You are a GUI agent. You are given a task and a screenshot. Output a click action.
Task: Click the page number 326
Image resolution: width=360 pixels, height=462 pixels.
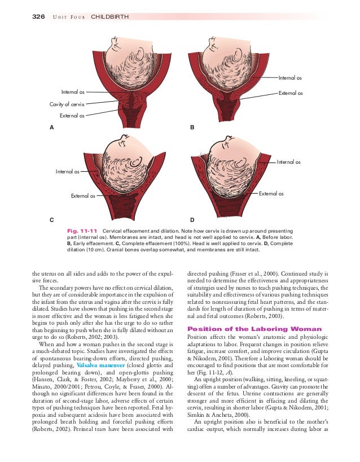click(37, 16)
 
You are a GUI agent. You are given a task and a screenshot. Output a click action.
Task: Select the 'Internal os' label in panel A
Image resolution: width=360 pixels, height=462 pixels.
click(73, 91)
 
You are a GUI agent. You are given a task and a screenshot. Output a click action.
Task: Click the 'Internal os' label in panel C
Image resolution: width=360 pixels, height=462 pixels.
click(67, 170)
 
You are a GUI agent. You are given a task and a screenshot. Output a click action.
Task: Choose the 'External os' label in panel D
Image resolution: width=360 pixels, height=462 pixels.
click(271, 194)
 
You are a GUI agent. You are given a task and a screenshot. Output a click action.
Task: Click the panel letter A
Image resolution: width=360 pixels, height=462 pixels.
click(52, 128)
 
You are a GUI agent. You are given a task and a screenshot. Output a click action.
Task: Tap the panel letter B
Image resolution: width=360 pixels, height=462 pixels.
click(192, 128)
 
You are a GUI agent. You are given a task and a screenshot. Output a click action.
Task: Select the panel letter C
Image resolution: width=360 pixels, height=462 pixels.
click(52, 219)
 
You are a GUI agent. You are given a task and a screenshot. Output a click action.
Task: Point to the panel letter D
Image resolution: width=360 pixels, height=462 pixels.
click(192, 219)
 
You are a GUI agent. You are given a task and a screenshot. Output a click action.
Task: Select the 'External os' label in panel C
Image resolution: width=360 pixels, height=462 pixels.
click(82, 196)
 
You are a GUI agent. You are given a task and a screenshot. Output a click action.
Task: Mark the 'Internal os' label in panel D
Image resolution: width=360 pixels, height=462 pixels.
click(288, 162)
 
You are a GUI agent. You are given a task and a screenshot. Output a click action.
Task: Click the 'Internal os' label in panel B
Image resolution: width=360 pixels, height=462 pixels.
click(289, 77)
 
